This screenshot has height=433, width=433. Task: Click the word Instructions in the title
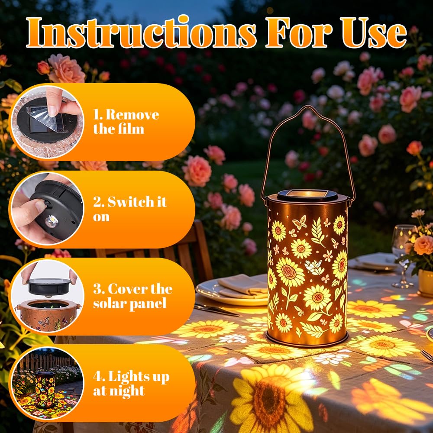coord(142,32)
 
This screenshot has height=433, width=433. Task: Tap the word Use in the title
coord(375,32)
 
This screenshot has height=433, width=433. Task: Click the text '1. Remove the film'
coord(126,122)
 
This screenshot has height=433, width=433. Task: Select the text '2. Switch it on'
coord(130,209)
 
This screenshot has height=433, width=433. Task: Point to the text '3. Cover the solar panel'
coord(132,296)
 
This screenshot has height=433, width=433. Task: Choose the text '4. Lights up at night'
coord(131,383)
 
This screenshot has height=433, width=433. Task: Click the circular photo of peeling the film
coord(47,122)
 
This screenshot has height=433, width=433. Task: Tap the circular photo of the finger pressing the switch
coord(47,209)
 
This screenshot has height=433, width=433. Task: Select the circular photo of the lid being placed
coord(47,296)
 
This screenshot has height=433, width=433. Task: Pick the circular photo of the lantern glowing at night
coord(47,383)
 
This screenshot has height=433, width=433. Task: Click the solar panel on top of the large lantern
coord(307,195)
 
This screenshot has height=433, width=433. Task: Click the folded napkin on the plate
coord(242,286)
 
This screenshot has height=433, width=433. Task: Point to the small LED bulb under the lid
coord(52,221)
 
